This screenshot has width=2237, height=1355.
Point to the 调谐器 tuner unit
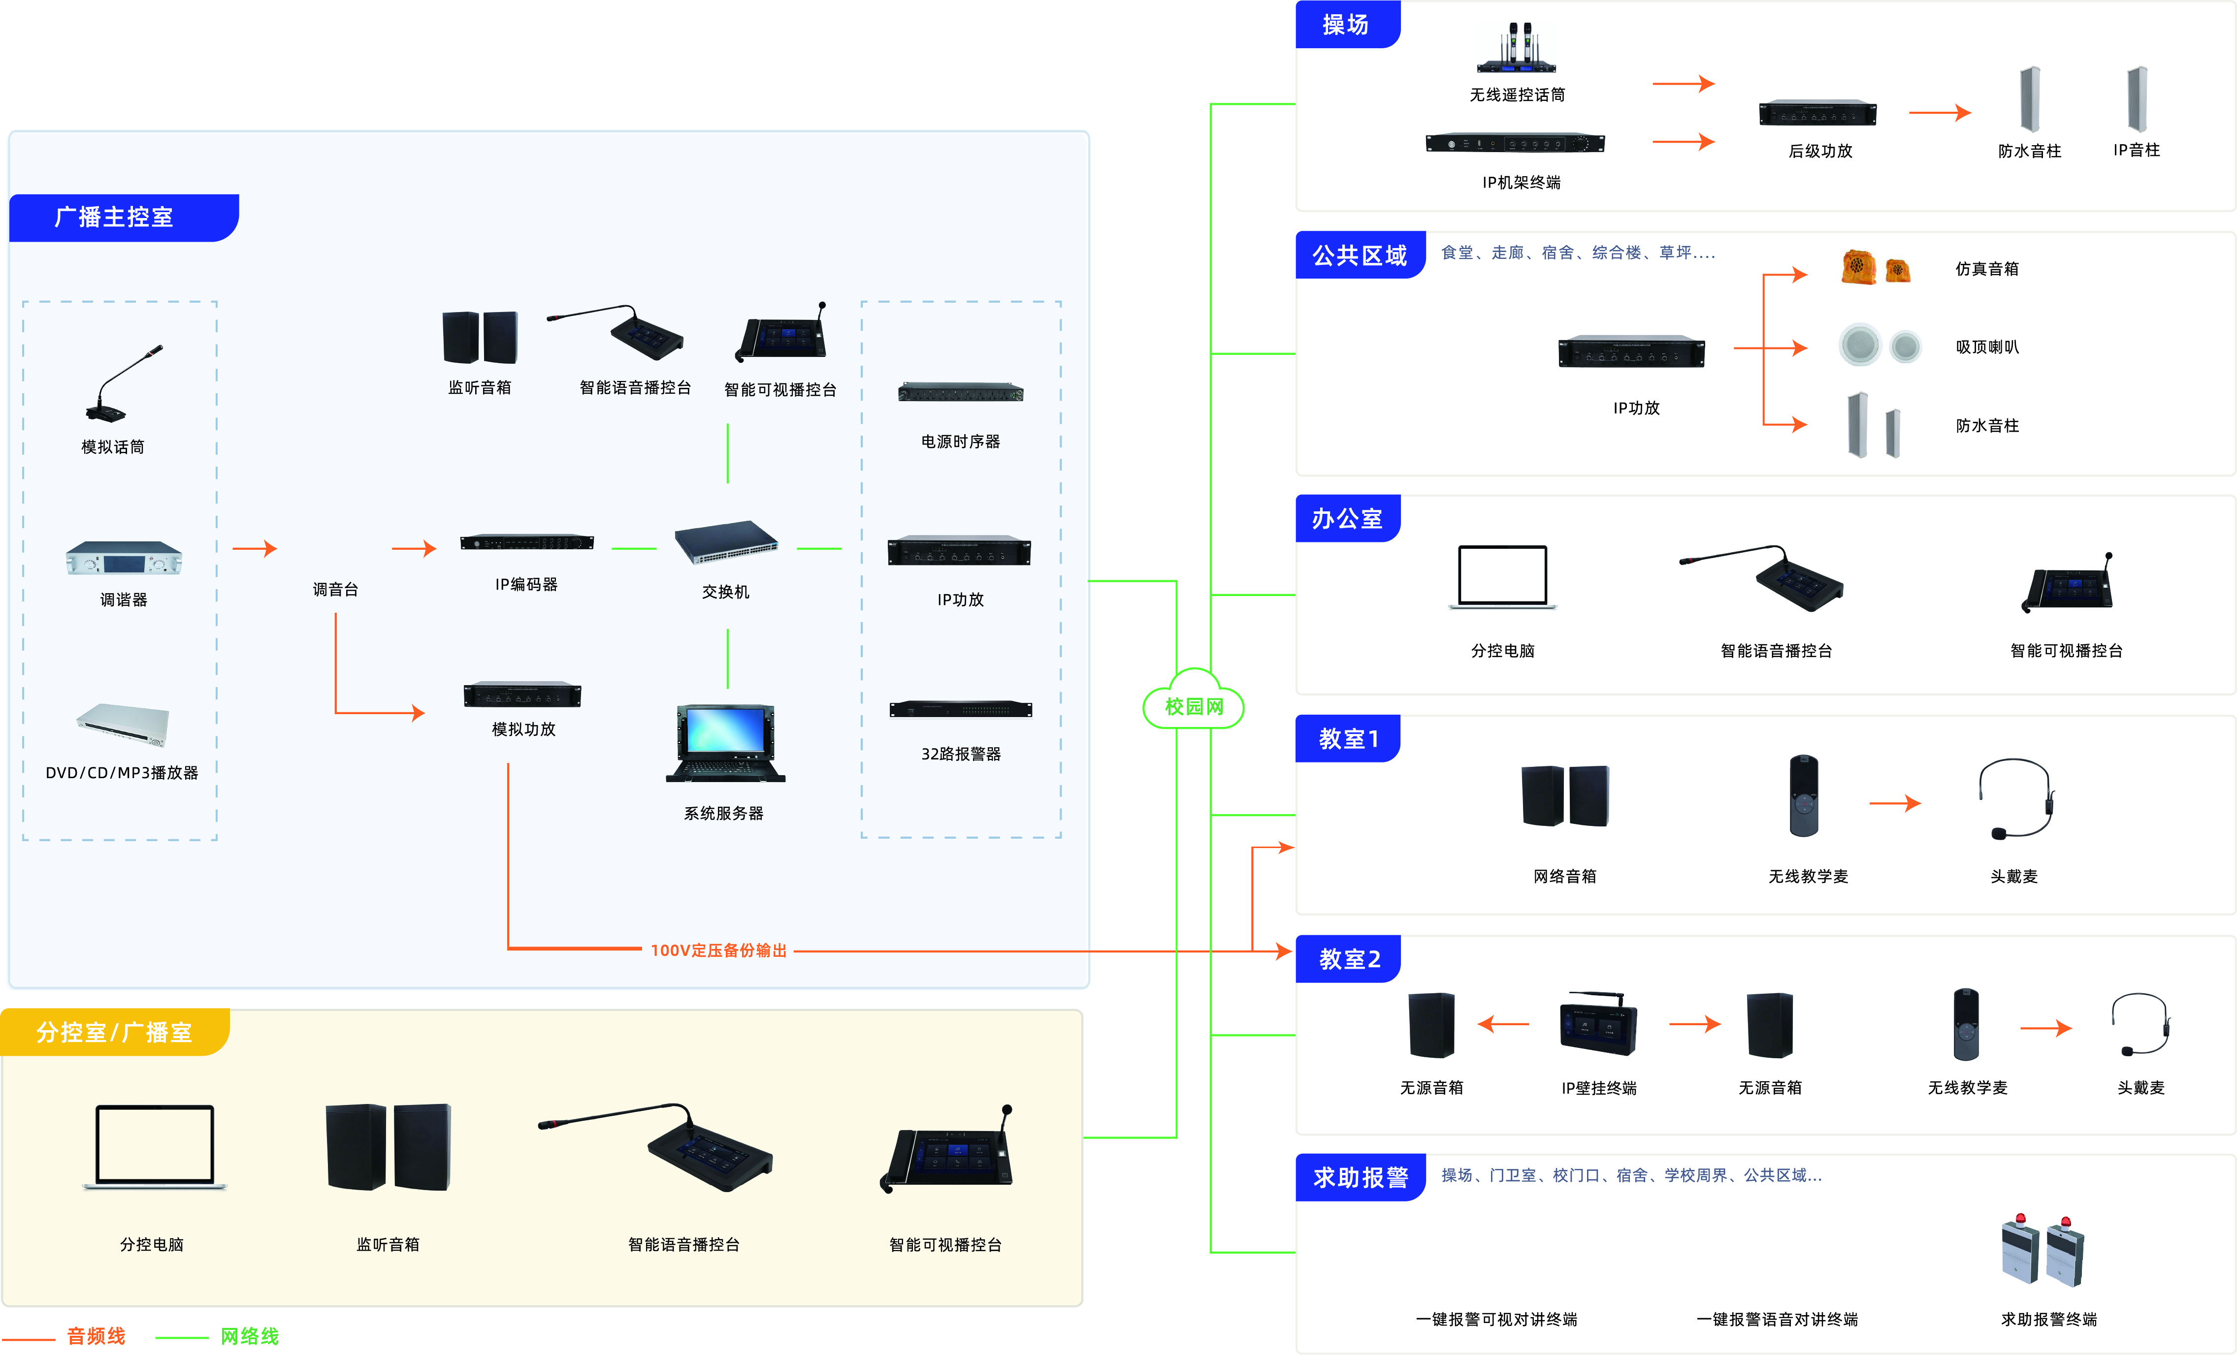(x=124, y=558)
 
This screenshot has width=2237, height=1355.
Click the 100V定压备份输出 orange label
(x=718, y=950)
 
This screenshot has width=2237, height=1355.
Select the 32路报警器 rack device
(x=961, y=709)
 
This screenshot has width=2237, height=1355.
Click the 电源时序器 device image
(x=961, y=393)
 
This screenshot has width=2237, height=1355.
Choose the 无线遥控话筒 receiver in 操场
(x=1516, y=50)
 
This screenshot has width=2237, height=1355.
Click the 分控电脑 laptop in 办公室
(x=1502, y=577)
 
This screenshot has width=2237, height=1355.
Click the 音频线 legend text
(x=96, y=1336)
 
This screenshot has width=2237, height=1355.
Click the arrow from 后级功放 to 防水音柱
(x=1939, y=113)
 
